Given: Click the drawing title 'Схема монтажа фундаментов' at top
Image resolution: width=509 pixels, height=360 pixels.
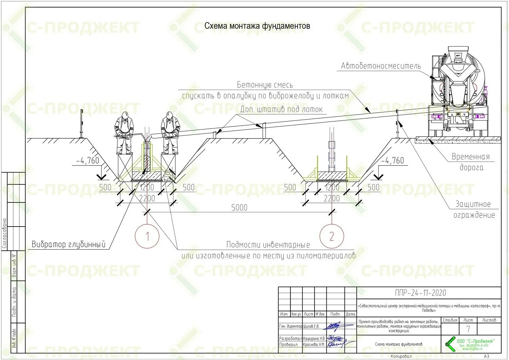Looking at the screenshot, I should pyautogui.click(x=257, y=26).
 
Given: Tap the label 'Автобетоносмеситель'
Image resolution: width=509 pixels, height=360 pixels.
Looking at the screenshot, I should pyautogui.click(x=381, y=66).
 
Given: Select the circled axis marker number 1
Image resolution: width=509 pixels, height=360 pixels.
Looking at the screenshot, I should pyautogui.click(x=147, y=236).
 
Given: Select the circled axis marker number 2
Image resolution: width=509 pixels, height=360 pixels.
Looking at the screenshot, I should pyautogui.click(x=332, y=236).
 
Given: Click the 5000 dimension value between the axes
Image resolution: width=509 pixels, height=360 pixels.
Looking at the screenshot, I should pyautogui.click(x=239, y=208).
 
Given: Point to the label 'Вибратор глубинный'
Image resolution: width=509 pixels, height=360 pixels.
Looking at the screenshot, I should pyautogui.click(x=69, y=244).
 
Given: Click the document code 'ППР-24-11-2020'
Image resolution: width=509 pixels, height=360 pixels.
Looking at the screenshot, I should pyautogui.click(x=420, y=293).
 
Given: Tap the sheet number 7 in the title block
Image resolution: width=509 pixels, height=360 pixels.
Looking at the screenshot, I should pyautogui.click(x=468, y=329).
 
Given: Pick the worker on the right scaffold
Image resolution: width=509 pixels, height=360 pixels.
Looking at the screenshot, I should pyautogui.click(x=170, y=132).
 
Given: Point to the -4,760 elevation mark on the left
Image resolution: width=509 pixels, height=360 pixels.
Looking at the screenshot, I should pyautogui.click(x=88, y=160).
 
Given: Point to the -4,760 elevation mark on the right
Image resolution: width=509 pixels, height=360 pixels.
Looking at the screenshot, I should pyautogui.click(x=392, y=160).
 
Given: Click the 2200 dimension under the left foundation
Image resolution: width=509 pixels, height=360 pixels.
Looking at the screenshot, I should pyautogui.click(x=147, y=198).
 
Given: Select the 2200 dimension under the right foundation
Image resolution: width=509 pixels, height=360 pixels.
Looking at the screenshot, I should pyautogui.click(x=332, y=198).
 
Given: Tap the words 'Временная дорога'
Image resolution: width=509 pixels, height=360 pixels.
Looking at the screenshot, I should pyautogui.click(x=471, y=162).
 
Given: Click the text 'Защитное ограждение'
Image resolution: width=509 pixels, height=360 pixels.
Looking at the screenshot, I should pyautogui.click(x=474, y=210).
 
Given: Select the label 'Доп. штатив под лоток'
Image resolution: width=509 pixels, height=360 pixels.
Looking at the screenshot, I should pyautogui.click(x=281, y=109).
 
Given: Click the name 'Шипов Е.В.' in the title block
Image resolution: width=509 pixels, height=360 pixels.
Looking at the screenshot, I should pyautogui.click(x=312, y=326).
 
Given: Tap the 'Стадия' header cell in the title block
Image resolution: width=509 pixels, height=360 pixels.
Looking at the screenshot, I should pyautogui.click(x=450, y=320).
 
